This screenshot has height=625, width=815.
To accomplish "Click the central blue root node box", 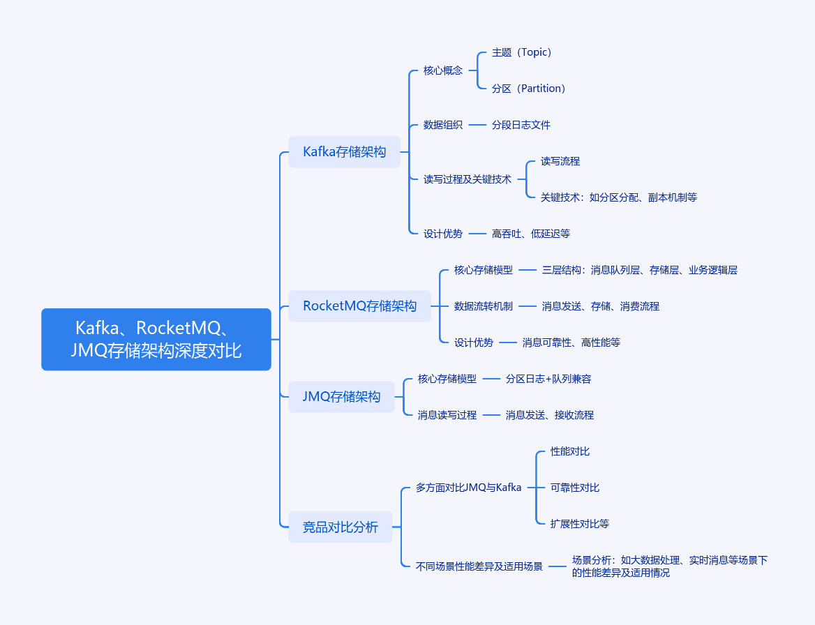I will (x=156, y=339).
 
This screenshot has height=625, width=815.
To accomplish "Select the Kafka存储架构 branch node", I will (x=344, y=152).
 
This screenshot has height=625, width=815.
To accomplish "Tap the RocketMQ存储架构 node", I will (x=359, y=306).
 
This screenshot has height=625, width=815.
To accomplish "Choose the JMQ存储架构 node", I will (x=341, y=397).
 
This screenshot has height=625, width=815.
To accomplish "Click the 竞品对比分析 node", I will (x=340, y=527).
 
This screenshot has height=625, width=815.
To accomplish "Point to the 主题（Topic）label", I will (x=521, y=52).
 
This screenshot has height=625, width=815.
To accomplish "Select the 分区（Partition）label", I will (x=528, y=89).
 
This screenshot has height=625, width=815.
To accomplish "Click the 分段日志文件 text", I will (x=521, y=125).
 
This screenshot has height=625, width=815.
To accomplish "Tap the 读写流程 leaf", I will (x=560, y=161).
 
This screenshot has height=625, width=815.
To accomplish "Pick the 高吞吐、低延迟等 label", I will (x=530, y=234).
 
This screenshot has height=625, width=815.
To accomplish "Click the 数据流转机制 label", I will (x=483, y=306).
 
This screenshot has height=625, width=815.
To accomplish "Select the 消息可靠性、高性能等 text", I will (x=571, y=342).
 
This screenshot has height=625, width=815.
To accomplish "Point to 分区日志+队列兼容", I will (x=548, y=379).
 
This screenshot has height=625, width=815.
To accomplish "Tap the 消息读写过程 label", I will (x=447, y=415).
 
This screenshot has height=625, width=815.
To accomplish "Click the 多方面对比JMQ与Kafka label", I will (x=468, y=488).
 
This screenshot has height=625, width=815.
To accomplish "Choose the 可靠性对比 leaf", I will (x=574, y=488).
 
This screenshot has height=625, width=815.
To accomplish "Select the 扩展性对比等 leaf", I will (x=579, y=524).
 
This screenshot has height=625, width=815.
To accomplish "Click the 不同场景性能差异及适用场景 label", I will (x=479, y=566).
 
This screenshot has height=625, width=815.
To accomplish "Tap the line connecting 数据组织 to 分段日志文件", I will (x=477, y=125).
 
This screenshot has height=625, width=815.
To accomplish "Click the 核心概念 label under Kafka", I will (x=442, y=70).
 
